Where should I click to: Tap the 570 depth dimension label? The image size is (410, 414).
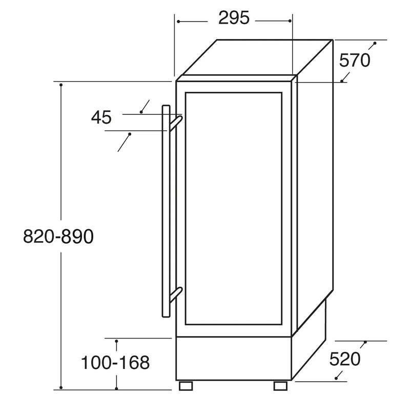tap(355, 61)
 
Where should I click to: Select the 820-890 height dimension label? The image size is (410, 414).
tap(58, 237)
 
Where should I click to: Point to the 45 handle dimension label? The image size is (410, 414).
tap(101, 117)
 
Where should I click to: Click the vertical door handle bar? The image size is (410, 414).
tap(166, 210)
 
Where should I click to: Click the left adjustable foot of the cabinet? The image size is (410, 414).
tap(186, 385)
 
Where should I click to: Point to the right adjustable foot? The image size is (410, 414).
tap(281, 385)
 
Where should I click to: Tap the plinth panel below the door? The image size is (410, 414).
tap(233, 359)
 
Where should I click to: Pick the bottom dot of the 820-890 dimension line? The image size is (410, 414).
tap(61, 387)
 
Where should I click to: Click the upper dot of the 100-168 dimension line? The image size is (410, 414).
tap(116, 341)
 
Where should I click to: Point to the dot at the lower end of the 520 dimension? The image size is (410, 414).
tap(337, 378)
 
